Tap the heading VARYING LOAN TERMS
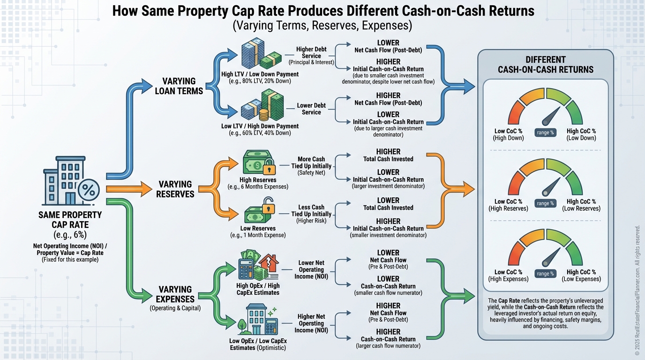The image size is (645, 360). pyautogui.click(x=179, y=86)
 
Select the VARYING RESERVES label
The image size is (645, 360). pyautogui.click(x=175, y=189)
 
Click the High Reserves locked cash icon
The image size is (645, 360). pyautogui.click(x=257, y=163)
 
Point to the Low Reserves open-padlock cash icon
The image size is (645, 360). pyautogui.click(x=258, y=212)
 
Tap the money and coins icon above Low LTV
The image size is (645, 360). pyautogui.click(x=263, y=106)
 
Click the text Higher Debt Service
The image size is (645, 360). pyautogui.click(x=311, y=52)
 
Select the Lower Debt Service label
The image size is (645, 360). pyautogui.click(x=311, y=109)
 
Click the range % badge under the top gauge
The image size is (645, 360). pyautogui.click(x=545, y=133)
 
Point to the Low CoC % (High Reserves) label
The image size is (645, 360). pyautogui.click(x=508, y=205)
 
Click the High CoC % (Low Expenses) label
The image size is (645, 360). pyautogui.click(x=581, y=275)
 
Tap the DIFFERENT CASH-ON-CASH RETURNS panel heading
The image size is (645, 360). pyautogui.click(x=545, y=65)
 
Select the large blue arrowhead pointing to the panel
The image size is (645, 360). pyautogui.click(x=468, y=85)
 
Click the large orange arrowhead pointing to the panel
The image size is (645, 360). pyautogui.click(x=468, y=189)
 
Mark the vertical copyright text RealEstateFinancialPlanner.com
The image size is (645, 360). pyautogui.click(x=637, y=291)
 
